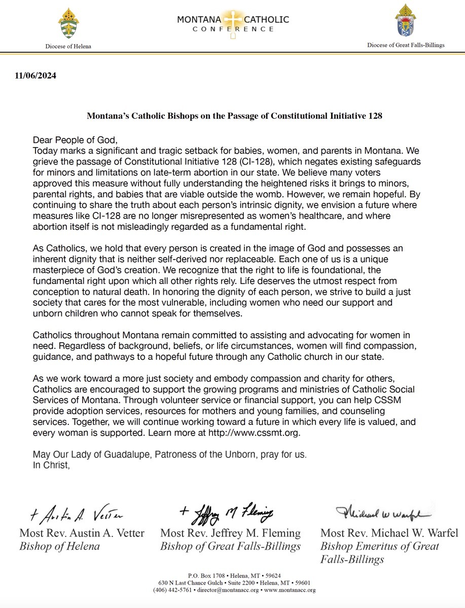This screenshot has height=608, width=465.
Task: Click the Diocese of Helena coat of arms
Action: tap(68, 23)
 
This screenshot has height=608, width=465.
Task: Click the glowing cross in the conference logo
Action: tap(233, 21)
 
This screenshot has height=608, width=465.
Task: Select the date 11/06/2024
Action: tap(35, 76)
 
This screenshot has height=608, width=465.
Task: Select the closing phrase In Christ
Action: tap(50, 465)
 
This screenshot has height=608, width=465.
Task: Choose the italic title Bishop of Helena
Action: tap(59, 546)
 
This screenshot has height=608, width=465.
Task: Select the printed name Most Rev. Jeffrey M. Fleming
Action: tap(230, 533)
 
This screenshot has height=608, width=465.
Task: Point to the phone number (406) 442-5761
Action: tap(172, 590)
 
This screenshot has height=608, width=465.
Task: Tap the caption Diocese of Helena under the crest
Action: tap(68, 46)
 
